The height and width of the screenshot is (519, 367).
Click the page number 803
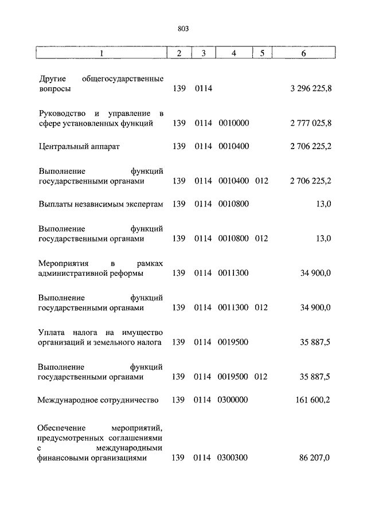[x=183, y=28]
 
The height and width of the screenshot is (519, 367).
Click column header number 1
[x=101, y=53]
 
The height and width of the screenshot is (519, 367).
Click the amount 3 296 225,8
[x=311, y=90]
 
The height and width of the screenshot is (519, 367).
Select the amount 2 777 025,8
[x=311, y=123]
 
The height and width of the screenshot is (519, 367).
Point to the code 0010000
[x=233, y=123]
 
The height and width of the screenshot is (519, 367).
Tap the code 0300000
[x=233, y=400]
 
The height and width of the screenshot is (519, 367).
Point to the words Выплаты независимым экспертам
[x=101, y=204]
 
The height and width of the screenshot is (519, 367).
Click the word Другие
[x=52, y=79]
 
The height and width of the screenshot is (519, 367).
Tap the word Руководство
[x=63, y=112]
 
